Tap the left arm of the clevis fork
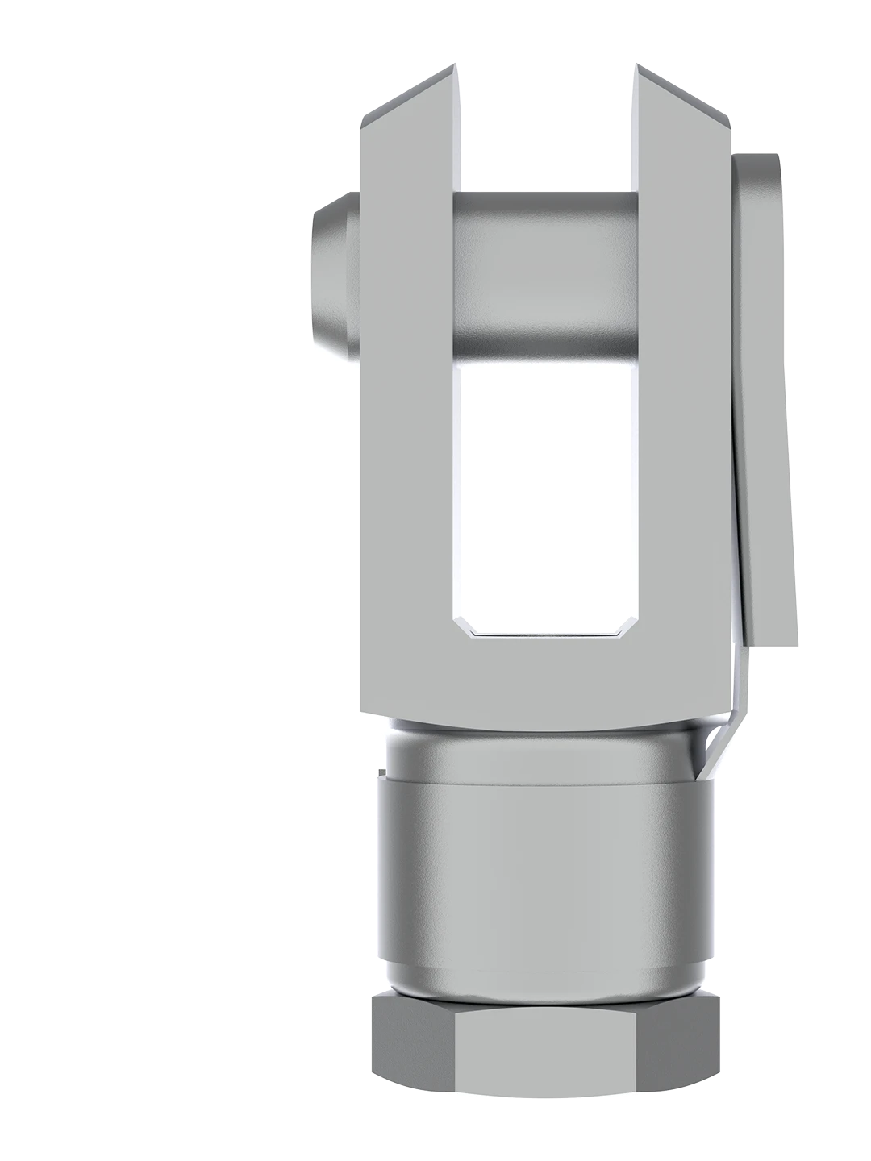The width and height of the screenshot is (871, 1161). tap(406, 403)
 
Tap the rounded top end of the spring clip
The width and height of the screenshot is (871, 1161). tap(758, 173)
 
